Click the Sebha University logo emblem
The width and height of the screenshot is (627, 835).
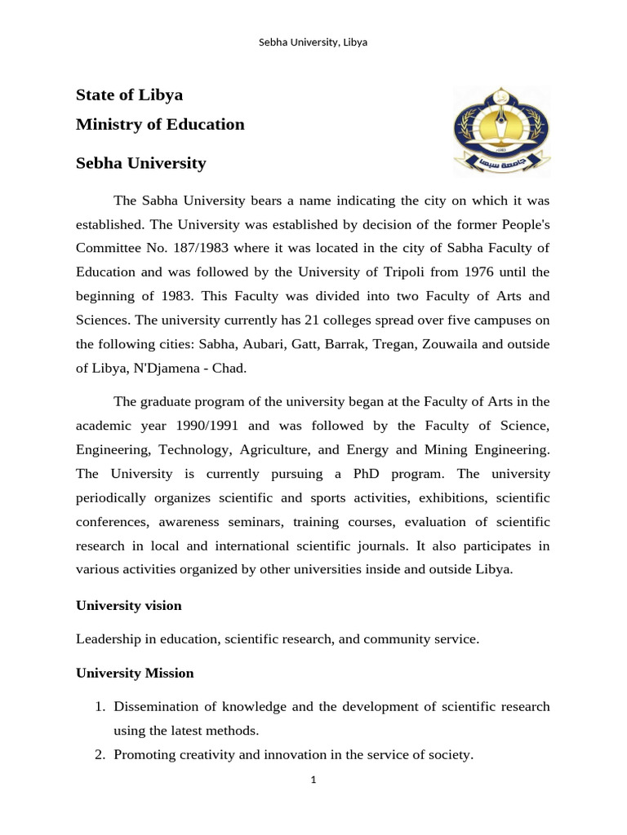pyautogui.click(x=501, y=130)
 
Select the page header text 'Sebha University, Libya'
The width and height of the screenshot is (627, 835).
pyautogui.click(x=313, y=42)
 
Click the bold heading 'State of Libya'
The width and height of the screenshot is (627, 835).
pyautogui.click(x=129, y=95)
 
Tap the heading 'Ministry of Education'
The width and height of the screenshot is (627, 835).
pyautogui.click(x=160, y=125)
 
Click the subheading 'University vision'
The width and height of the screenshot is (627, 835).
pyautogui.click(x=128, y=606)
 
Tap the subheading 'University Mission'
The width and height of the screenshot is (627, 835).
pyautogui.click(x=135, y=674)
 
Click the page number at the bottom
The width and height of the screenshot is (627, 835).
pyautogui.click(x=313, y=780)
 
